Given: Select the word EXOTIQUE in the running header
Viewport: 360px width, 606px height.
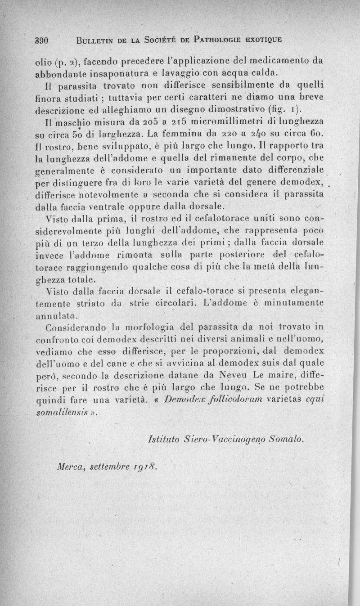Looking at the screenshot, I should click(258, 39).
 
